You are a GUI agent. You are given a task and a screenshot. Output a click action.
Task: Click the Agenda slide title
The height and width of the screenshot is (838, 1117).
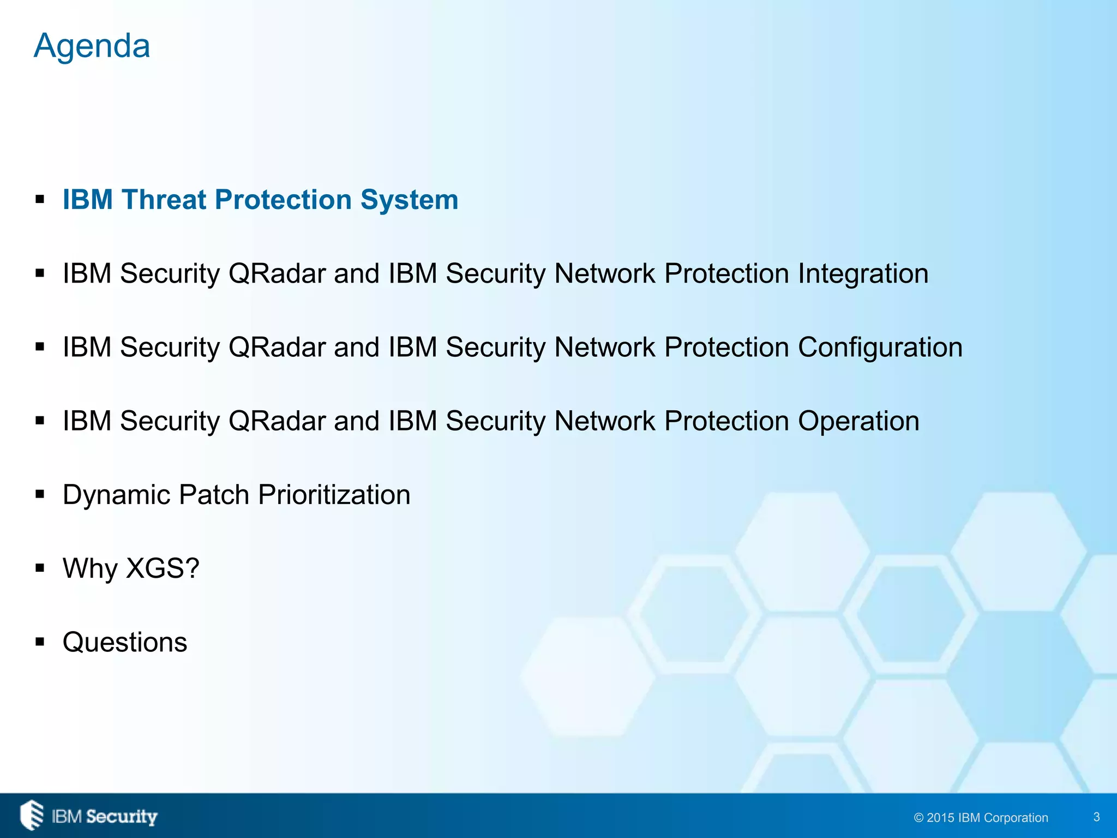click(x=92, y=46)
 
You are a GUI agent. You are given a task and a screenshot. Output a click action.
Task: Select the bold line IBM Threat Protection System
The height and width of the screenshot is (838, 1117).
click(x=260, y=200)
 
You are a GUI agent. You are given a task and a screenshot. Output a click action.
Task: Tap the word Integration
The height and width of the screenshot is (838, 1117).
click(x=863, y=274)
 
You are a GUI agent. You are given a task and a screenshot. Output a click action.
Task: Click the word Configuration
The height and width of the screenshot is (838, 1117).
click(x=880, y=348)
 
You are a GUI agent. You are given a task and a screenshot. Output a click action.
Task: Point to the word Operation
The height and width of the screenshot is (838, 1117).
click(x=858, y=421)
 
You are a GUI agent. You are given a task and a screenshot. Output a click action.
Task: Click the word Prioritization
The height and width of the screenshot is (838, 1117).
click(x=334, y=495)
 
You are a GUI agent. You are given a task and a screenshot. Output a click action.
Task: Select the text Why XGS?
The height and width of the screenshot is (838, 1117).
click(x=131, y=568)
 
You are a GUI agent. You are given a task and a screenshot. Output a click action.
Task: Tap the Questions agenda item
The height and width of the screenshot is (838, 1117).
click(x=125, y=642)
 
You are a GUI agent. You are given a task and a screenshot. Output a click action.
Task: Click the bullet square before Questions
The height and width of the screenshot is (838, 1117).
click(x=40, y=642)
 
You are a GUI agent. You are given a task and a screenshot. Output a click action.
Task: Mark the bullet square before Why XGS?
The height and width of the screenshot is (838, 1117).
click(x=40, y=568)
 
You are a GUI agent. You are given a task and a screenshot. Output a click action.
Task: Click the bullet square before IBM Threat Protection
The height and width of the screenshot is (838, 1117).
click(x=40, y=200)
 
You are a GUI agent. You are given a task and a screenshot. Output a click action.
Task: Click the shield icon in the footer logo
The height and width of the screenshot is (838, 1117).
click(x=32, y=815)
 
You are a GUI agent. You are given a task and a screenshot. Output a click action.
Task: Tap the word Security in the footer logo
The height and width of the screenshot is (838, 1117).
click(x=122, y=817)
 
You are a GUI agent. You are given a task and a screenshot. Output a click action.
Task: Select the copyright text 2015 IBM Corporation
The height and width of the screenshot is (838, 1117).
click(x=981, y=818)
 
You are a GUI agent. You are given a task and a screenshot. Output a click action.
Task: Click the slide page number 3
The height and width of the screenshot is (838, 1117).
click(x=1096, y=817)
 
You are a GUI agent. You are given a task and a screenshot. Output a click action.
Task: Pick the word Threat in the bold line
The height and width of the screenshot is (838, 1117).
click(x=164, y=200)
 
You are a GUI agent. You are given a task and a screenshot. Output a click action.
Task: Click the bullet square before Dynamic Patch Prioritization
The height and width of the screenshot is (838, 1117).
click(x=40, y=495)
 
